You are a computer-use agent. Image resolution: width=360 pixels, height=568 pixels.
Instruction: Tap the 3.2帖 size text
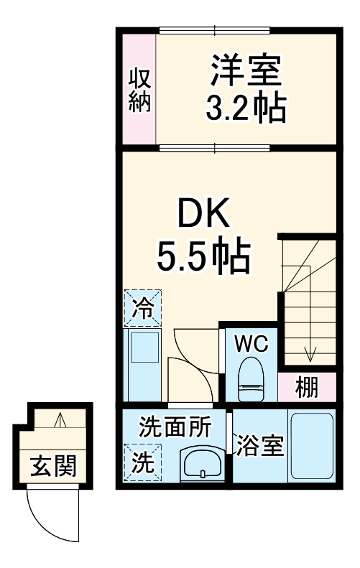pos(244,108)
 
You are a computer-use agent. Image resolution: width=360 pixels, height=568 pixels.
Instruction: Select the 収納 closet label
pos(139,89)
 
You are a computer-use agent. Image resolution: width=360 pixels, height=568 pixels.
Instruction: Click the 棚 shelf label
pos(307,388)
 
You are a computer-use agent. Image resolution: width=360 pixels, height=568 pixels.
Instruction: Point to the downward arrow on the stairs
pos(310,352)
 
